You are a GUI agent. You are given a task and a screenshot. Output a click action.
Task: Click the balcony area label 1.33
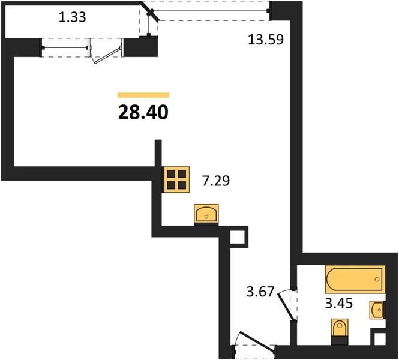[x=72, y=18]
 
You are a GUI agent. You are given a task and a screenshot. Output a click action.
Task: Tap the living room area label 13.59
[x=266, y=40]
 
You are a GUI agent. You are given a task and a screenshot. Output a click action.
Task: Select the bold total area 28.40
[x=143, y=112]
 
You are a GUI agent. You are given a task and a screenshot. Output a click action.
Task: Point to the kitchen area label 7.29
[x=216, y=181]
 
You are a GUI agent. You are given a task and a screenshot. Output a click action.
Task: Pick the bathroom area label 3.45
[x=339, y=303]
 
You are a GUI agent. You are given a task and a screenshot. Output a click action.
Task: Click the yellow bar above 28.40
[x=143, y=95]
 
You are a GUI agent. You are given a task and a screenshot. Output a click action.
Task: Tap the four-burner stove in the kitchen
[x=176, y=179]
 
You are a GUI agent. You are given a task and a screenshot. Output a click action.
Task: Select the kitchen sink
[x=206, y=214]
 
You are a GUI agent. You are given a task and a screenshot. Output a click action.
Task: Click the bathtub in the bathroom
[x=355, y=280]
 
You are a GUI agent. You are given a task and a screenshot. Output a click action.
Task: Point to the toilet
[x=339, y=328]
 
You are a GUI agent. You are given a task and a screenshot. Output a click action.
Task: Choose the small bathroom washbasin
[x=377, y=310]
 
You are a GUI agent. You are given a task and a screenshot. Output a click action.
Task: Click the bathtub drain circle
[x=377, y=280]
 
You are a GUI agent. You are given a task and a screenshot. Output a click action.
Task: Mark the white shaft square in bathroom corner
[x=380, y=339]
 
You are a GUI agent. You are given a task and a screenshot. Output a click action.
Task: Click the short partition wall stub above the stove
[x=158, y=153]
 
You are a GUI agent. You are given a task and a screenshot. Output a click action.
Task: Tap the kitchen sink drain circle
[x=206, y=217]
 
